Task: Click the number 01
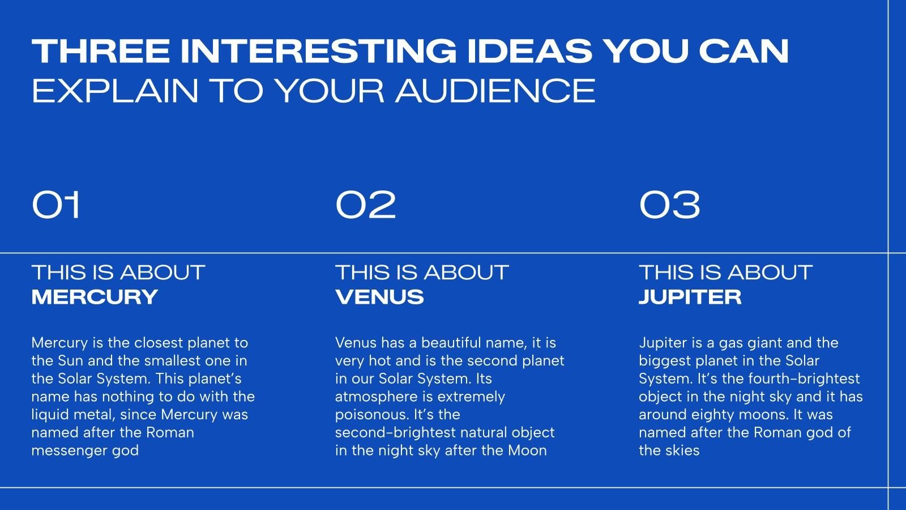coord(56,205)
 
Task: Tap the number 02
coord(366,205)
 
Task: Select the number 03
coord(669,205)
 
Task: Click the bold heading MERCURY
coord(95,297)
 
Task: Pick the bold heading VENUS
coord(379,297)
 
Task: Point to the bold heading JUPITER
coord(690,297)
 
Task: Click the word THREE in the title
coord(101,51)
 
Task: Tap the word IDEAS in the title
coord(529,51)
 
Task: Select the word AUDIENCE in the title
coord(495,91)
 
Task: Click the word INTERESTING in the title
coord(318,51)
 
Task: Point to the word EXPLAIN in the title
coord(115,91)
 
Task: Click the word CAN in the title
coord(744,51)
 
